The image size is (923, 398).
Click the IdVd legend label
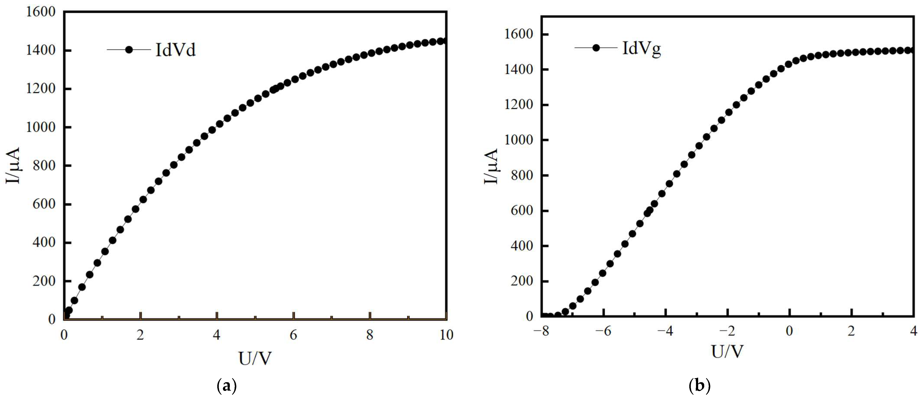pos(176,50)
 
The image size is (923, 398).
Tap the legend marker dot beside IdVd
pos(129,50)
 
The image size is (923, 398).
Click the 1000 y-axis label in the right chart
pos(519,140)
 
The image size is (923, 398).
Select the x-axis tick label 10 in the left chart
pos(446,335)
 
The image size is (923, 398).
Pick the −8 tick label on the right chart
pos(541,331)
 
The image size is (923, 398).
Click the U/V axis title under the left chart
pos(255,358)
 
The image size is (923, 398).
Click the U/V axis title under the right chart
pos(727,352)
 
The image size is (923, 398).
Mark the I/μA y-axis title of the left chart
pos(13,165)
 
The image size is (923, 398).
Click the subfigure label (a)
pos(227,386)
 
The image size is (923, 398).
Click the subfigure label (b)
pos(699,386)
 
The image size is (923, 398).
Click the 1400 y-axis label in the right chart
pos(519,69)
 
